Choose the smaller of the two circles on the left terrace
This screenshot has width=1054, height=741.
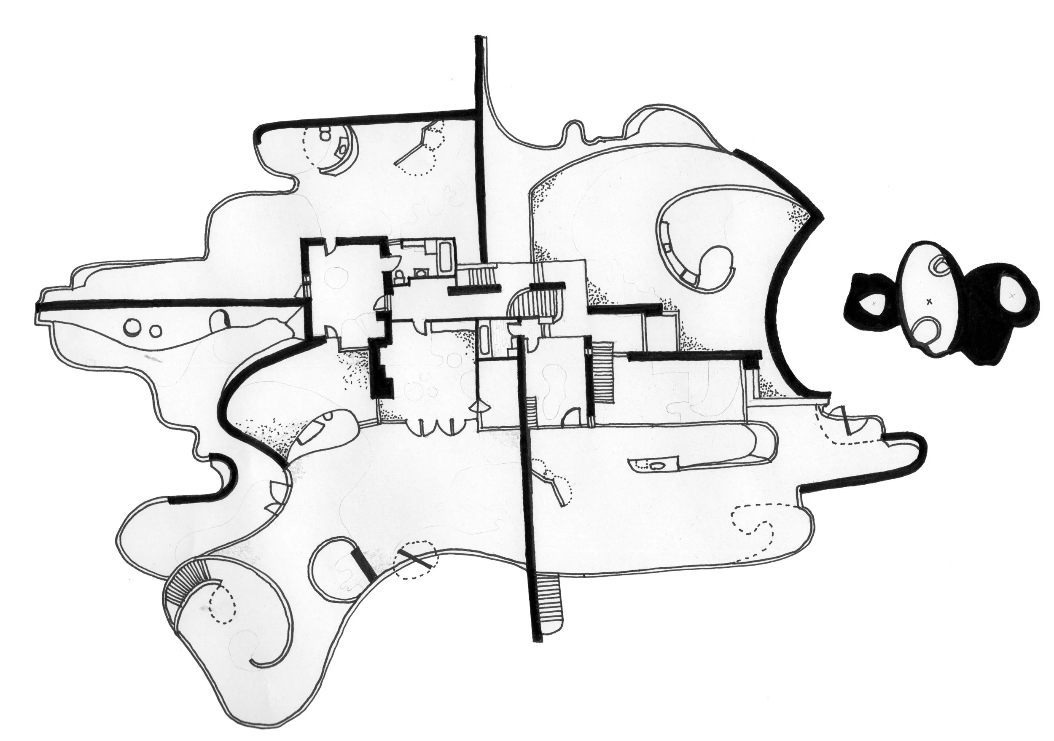pos(156,330)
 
